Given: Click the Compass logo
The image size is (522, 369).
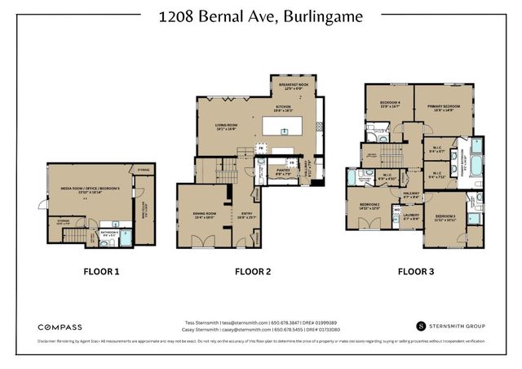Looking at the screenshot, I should (x=60, y=327).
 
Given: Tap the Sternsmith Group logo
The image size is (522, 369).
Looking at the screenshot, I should (x=450, y=326).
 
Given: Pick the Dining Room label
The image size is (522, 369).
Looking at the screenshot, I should (x=204, y=215).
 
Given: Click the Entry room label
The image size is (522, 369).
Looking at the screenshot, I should (x=246, y=215).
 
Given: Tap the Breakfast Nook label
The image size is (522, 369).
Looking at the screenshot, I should (x=293, y=87).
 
